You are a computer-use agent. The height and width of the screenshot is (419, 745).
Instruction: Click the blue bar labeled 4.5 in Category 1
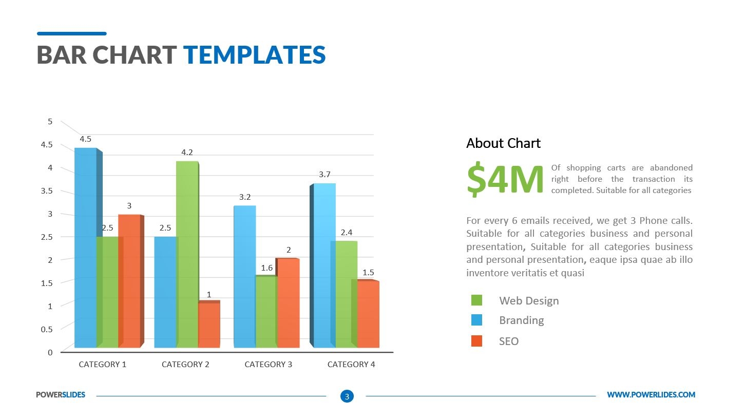tap(85, 246)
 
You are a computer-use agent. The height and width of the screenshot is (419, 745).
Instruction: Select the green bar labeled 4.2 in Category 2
tap(187, 254)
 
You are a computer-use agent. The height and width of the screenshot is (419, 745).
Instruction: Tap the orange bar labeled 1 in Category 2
tap(209, 325)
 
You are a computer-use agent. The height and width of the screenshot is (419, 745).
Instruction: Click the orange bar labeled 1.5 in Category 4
tap(368, 314)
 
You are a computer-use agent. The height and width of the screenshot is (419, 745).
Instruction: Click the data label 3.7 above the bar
tap(324, 175)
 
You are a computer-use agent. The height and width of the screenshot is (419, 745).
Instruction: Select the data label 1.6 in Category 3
tap(267, 268)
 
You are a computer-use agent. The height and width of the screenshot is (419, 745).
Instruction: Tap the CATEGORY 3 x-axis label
tap(268, 364)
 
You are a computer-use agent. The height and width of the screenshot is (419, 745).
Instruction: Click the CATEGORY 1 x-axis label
tap(102, 364)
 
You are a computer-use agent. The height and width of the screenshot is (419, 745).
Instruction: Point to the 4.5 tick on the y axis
tap(46, 145)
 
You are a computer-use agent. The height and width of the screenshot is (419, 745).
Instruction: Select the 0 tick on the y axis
tap(50, 352)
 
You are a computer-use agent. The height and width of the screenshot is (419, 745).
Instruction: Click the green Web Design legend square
tap(476, 300)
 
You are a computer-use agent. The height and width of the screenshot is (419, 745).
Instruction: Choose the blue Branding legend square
tap(476, 320)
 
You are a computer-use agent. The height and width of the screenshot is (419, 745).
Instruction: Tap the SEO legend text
tap(509, 341)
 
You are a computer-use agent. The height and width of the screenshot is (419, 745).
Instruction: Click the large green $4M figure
tap(505, 180)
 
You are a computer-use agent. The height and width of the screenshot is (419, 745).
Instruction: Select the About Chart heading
tap(503, 143)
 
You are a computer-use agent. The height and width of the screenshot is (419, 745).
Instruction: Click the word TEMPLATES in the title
tap(254, 55)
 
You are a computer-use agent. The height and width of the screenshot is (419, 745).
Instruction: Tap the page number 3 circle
tap(347, 396)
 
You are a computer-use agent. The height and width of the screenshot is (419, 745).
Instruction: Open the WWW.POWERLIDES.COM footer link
tap(651, 394)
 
